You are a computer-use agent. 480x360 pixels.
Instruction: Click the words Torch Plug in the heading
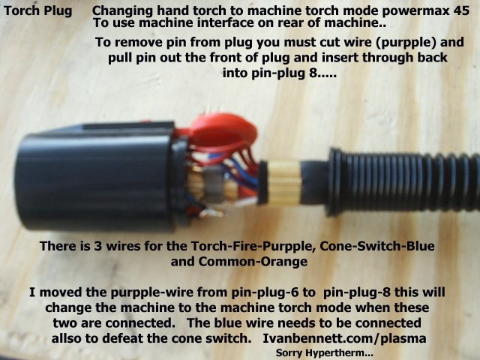coord(38,11)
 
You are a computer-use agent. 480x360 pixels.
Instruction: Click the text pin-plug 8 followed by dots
coord(279,73)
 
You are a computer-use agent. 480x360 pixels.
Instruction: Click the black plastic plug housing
coord(98,176)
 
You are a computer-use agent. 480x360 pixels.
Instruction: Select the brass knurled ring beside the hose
coord(284,181)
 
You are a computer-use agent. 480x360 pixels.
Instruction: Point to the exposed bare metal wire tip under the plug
coord(211,212)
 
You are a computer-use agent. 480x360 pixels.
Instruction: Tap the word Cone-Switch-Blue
coord(377,247)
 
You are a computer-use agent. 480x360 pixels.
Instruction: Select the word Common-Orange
coord(253,262)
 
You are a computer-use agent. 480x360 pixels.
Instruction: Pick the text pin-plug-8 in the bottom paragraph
coord(357,293)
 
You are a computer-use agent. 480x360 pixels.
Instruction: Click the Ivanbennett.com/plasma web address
coord(344,339)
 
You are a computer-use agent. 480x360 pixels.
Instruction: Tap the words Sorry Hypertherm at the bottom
coord(325,353)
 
